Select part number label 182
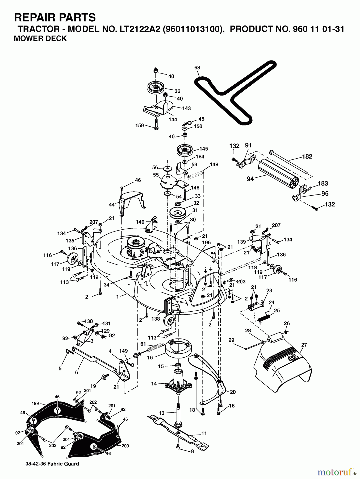tap(307, 156)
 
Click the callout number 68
tap(197, 68)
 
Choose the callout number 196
tap(206, 242)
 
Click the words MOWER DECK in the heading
tap(40, 39)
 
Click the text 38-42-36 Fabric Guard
tap(52, 471)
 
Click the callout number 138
tap(156, 319)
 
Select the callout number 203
tap(241, 282)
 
